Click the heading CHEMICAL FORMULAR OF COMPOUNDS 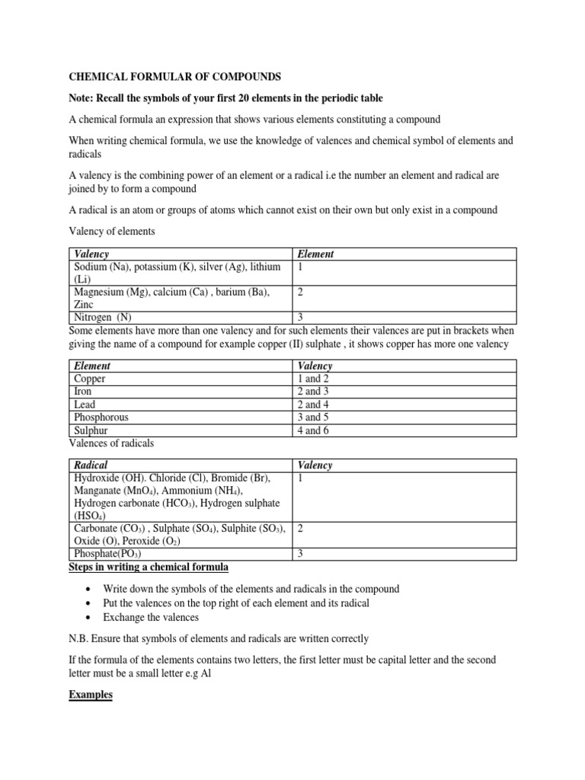(176, 77)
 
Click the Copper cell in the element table (90, 379)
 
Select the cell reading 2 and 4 (313, 404)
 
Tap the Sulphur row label (91, 430)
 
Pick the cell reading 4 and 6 (313, 430)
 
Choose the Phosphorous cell (101, 417)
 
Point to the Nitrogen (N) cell (103, 317)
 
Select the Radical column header (91, 465)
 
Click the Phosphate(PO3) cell (107, 555)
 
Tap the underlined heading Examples (91, 695)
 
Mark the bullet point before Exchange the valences (90, 617)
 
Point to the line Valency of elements (112, 232)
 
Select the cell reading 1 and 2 (313, 379)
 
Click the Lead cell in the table (85, 404)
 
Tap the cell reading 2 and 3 (313, 392)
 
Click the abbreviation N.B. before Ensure (80, 638)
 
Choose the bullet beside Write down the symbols (90, 590)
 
